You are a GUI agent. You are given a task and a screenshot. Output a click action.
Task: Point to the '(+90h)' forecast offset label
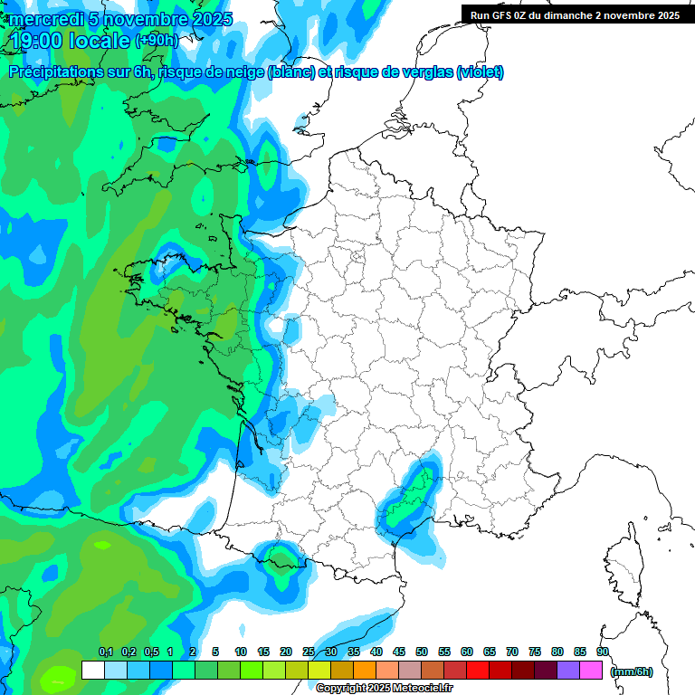tap(157, 41)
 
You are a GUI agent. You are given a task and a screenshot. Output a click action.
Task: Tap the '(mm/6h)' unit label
tap(632, 671)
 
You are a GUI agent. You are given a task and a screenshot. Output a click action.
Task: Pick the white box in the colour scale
tap(92, 671)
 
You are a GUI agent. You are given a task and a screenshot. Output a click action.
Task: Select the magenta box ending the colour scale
tap(591, 671)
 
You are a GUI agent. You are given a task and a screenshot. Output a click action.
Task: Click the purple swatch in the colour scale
tap(568, 671)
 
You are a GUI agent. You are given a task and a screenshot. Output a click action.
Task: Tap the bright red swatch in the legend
tap(478, 671)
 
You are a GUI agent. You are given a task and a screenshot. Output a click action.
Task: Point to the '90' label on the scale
tap(602, 652)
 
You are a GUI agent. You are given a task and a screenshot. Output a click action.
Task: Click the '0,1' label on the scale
tap(105, 652)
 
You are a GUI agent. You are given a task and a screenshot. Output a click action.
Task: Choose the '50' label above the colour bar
tap(422, 652)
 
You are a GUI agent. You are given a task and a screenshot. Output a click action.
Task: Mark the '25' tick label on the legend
tap(309, 652)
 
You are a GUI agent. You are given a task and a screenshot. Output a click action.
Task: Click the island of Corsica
tap(622, 561)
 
